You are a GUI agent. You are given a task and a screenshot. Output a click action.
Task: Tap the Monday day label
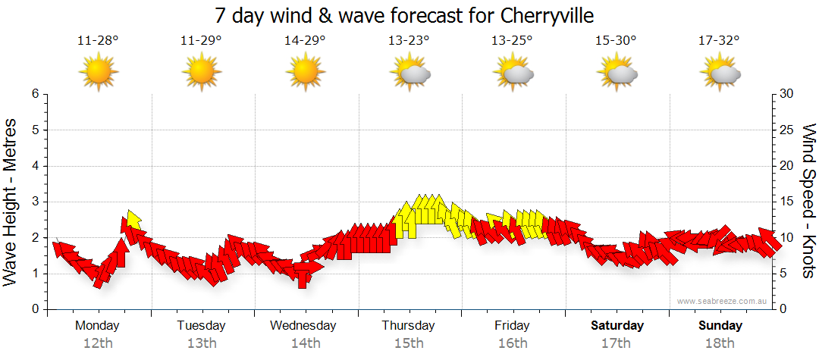click(x=98, y=326)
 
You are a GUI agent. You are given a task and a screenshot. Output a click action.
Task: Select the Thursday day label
click(x=409, y=326)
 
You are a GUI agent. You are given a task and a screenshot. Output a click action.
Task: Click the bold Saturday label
click(x=617, y=326)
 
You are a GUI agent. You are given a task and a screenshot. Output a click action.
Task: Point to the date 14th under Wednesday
click(x=305, y=343)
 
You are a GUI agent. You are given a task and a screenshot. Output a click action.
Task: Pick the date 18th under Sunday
click(x=720, y=343)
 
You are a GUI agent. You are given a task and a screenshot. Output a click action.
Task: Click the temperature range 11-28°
click(x=98, y=41)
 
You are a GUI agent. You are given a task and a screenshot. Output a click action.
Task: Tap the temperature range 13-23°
click(x=409, y=41)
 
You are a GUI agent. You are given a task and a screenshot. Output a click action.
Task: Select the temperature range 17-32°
click(x=720, y=41)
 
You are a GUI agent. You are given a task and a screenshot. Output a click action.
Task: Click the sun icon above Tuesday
click(x=202, y=72)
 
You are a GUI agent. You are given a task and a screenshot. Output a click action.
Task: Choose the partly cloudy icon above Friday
click(x=513, y=72)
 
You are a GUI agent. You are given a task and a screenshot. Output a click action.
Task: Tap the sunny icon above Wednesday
click(x=305, y=72)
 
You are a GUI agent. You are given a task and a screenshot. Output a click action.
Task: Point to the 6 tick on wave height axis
click(x=35, y=94)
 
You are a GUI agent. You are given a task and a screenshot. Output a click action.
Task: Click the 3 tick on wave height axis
click(x=35, y=202)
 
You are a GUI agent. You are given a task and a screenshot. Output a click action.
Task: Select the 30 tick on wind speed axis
click(x=788, y=94)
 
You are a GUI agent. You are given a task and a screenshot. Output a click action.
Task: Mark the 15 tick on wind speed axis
click(x=788, y=202)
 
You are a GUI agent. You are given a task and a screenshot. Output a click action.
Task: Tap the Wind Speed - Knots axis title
click(x=808, y=201)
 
